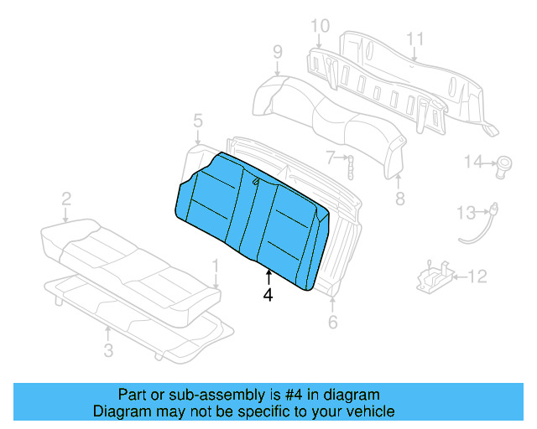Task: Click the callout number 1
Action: (216, 267)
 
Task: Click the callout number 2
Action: (65, 199)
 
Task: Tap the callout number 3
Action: (108, 350)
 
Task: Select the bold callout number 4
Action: (268, 294)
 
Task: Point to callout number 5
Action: (197, 121)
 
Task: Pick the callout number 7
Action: (331, 156)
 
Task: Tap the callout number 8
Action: (399, 199)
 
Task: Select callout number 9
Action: (277, 54)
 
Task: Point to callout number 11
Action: (414, 39)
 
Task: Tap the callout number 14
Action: (474, 162)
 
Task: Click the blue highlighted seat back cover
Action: (252, 218)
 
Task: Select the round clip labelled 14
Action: (505, 163)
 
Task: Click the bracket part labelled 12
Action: (436, 277)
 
